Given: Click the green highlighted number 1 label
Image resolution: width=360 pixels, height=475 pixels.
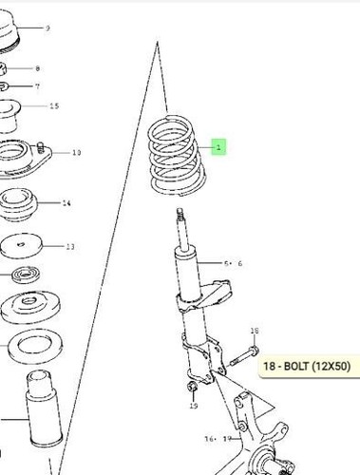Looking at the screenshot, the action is click(218, 147).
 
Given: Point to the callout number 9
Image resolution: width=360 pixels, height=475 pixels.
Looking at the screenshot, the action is click(47, 28).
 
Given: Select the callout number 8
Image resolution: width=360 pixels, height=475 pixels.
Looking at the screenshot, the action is click(37, 68).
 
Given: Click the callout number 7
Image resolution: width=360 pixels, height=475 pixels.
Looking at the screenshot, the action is click(37, 86).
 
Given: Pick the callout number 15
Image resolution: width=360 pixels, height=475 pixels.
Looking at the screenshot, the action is click(53, 105).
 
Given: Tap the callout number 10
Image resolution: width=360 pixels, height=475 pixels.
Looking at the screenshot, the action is click(76, 152).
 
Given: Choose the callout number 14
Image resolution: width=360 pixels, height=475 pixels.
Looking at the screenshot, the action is click(66, 203).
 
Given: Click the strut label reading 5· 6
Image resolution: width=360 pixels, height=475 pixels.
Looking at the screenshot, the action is click(234, 262).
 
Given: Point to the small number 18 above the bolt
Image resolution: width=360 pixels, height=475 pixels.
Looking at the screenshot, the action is click(254, 331).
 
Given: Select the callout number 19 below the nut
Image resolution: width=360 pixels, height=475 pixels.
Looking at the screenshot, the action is click(193, 407).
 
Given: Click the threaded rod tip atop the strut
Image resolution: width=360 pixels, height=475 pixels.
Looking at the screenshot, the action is click(180, 224).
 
